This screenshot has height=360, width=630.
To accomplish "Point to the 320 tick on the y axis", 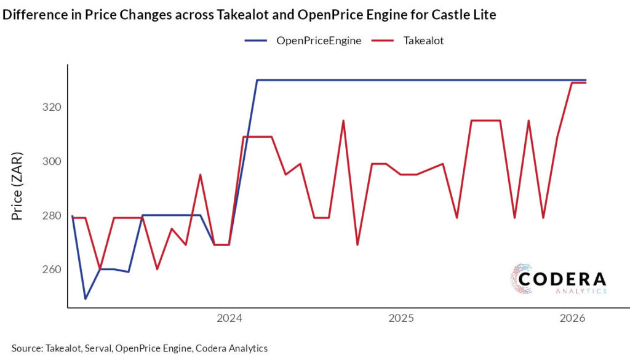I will pyautogui.click(x=50, y=107).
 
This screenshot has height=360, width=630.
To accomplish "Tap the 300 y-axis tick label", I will pyautogui.click(x=50, y=161).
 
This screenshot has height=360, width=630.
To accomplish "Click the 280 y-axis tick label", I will pyautogui.click(x=50, y=215).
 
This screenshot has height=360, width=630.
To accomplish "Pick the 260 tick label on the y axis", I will pyautogui.click(x=50, y=270).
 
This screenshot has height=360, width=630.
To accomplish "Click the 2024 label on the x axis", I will pyautogui.click(x=229, y=318).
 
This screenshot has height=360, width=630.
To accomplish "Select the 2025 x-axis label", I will pyautogui.click(x=401, y=318).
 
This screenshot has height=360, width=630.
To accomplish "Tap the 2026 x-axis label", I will pyautogui.click(x=572, y=318).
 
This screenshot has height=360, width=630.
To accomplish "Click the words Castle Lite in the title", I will pyautogui.click(x=465, y=15).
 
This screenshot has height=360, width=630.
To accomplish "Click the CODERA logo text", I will pyautogui.click(x=562, y=279).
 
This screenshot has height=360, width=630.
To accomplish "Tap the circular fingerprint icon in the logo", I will pyautogui.click(x=521, y=278).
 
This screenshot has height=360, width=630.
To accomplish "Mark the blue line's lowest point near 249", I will pyautogui.click(x=86, y=298).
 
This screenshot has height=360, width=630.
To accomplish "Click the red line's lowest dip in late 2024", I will pyautogui.click(x=357, y=245).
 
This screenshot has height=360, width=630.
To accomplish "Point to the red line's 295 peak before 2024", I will pyautogui.click(x=200, y=175).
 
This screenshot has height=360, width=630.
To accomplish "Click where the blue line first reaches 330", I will pyautogui.click(x=257, y=80).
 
